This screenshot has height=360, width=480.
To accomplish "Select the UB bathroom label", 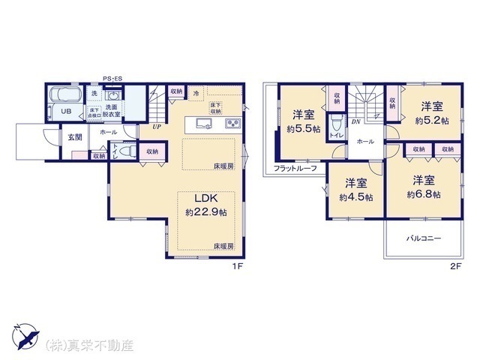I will [66, 112].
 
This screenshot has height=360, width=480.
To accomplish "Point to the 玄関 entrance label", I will [76, 137].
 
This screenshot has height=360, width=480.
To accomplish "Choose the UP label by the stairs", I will [156, 127].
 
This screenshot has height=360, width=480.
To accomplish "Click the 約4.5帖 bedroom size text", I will [355, 198].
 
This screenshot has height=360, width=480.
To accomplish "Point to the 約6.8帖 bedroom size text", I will [424, 193].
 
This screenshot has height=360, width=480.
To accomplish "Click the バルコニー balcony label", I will [424, 238].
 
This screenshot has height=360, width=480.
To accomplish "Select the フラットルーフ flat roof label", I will [295, 168].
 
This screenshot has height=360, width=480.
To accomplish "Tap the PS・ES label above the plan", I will [112, 77].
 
